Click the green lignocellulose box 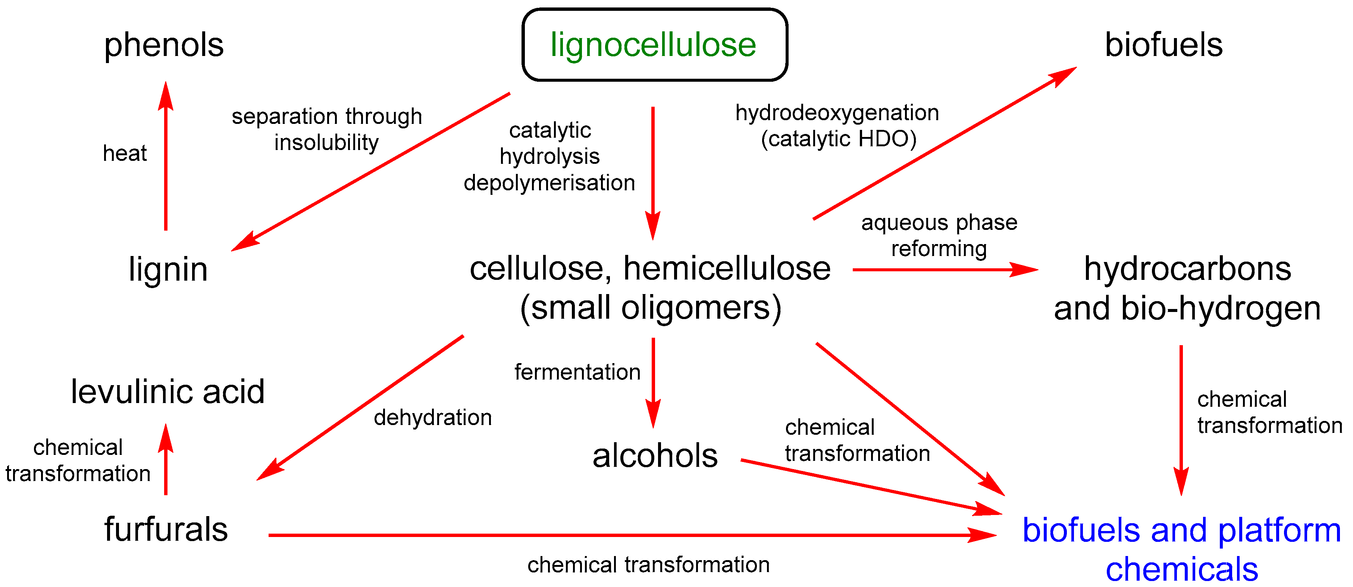click(x=654, y=45)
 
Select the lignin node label click(x=168, y=269)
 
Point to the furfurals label click(x=166, y=529)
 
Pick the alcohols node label click(x=655, y=456)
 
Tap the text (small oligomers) click(x=651, y=308)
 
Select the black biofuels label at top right click(x=1163, y=45)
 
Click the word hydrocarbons click(x=1187, y=269)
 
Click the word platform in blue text click(x=1280, y=530)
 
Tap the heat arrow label click(x=125, y=153)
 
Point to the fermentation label click(x=577, y=372)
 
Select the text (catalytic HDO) click(x=839, y=139)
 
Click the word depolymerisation click(x=549, y=183)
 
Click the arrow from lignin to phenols click(x=166, y=157)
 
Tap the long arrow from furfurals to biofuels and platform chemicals click(x=630, y=536)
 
